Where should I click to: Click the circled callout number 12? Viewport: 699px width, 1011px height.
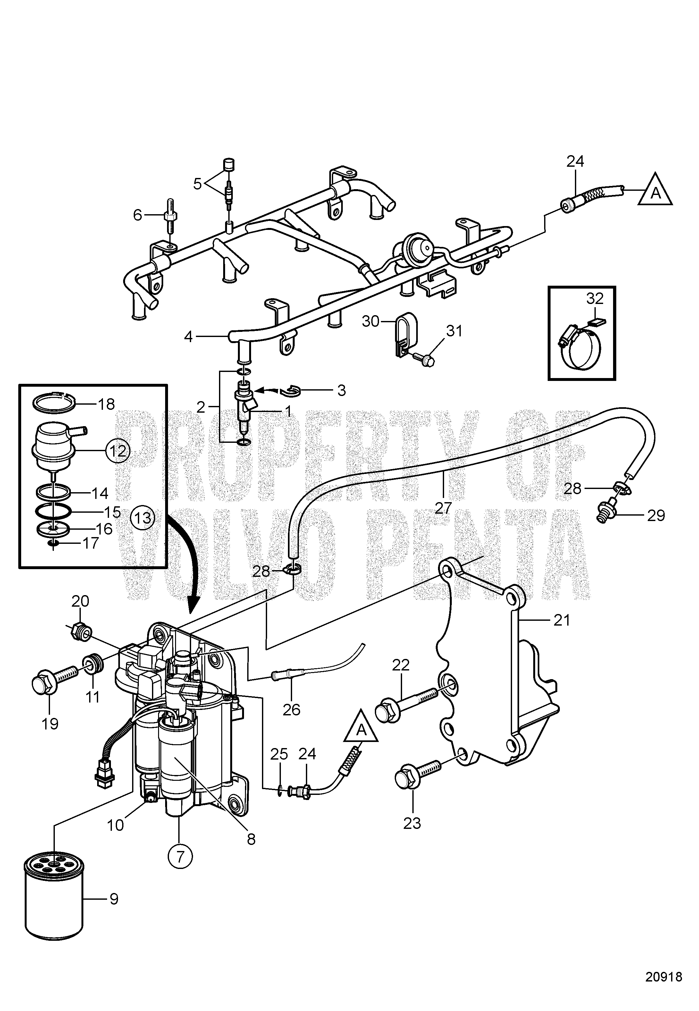point(116,450)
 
